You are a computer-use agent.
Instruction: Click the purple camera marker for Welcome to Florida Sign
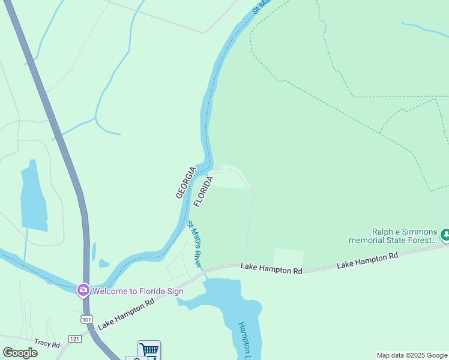[x=83, y=290]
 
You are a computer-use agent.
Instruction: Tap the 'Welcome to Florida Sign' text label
[x=137, y=291]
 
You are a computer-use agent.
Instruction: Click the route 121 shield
[x=74, y=338]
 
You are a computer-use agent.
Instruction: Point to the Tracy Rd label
[x=47, y=345]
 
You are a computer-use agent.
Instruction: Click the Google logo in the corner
[x=20, y=353]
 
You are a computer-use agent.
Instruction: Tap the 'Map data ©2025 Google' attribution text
[x=412, y=355]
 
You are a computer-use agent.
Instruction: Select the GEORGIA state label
[x=185, y=182]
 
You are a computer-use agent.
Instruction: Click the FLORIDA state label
[x=203, y=191]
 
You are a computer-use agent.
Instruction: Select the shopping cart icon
[x=149, y=350]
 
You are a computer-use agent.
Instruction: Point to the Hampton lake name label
[x=247, y=338]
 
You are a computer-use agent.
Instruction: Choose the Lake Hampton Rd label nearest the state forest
[x=367, y=260]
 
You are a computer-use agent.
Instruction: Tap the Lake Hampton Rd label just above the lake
[x=271, y=269]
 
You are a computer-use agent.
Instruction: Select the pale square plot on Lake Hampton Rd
[x=289, y=259]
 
